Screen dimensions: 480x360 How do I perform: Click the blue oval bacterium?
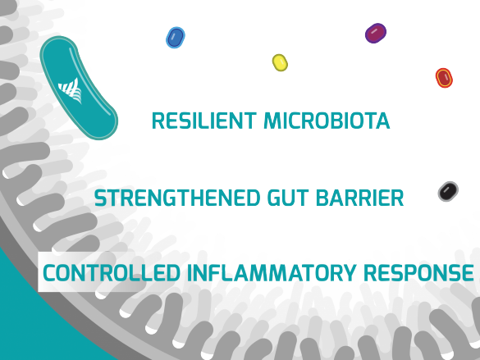[x=176, y=38]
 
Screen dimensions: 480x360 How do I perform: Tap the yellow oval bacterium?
[x=280, y=62]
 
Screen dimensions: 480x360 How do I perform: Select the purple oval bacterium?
[x=376, y=33]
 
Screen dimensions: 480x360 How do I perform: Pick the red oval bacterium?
[x=444, y=78]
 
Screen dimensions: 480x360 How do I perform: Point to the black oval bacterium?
[x=448, y=191]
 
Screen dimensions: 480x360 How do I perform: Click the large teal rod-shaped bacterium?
[x=78, y=88]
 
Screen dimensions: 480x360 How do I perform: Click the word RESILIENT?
[x=203, y=121]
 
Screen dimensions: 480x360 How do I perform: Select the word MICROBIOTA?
[x=327, y=121]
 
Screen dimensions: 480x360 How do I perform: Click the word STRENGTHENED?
[x=177, y=198]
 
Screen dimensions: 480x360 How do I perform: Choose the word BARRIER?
[x=359, y=198]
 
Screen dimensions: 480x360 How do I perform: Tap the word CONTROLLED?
[x=112, y=273]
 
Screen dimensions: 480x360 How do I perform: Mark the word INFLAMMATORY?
[x=272, y=273]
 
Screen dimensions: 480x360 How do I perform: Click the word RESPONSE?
[x=418, y=273]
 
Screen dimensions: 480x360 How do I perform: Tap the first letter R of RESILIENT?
[x=158, y=121]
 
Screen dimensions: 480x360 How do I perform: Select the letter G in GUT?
[x=274, y=198]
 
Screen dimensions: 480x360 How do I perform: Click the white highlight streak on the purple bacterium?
[x=374, y=31]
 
